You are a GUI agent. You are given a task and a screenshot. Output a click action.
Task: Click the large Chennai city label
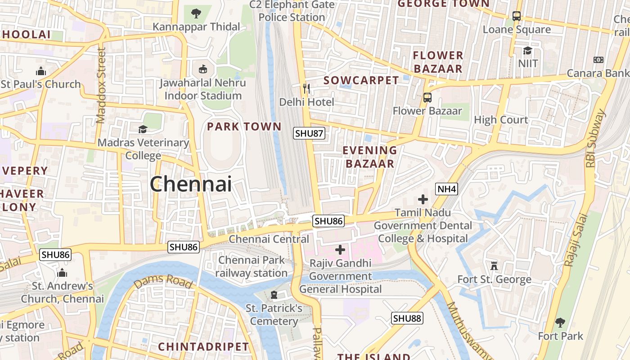(191, 184)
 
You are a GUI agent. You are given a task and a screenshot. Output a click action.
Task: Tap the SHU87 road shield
(309, 133)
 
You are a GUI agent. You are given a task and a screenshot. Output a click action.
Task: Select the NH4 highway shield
(446, 189)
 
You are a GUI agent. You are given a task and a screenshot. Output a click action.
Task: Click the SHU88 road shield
(407, 319)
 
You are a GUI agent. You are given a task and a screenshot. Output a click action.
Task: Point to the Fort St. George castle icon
(494, 265)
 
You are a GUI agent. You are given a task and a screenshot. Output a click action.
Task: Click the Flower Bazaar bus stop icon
(427, 97)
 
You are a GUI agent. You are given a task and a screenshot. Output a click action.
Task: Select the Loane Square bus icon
(517, 16)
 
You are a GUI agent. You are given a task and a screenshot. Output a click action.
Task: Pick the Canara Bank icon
(598, 59)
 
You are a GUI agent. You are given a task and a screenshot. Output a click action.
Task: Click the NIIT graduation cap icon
(527, 50)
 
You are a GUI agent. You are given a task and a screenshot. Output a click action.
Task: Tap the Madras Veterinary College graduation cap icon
(143, 130)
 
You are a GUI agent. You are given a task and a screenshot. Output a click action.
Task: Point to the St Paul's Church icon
(41, 71)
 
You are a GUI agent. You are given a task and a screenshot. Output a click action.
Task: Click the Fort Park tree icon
(560, 322)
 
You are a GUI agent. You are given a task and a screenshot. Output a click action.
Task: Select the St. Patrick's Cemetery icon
(274, 295)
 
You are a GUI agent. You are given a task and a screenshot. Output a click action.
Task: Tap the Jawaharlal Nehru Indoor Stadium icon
(203, 69)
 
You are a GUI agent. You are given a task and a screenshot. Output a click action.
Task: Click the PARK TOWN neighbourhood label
(244, 127)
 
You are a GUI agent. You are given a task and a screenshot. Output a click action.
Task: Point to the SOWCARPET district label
(361, 81)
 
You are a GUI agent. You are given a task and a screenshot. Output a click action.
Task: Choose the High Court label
(501, 120)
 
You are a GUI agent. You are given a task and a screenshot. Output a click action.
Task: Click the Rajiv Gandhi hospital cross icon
(340, 249)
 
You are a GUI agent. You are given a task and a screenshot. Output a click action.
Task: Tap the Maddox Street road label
(101, 85)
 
